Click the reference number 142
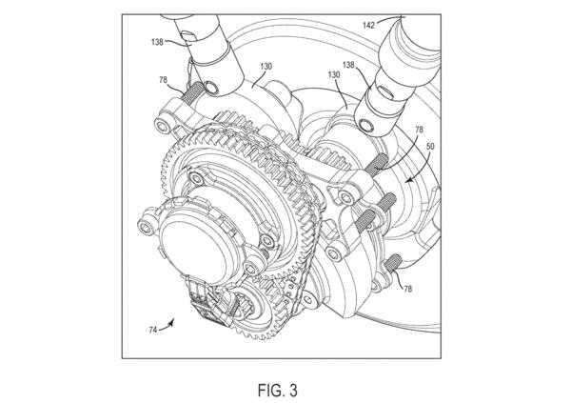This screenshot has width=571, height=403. coord(369,25)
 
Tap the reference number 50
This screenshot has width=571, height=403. coord(430,147)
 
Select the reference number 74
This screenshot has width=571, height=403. coord(153,330)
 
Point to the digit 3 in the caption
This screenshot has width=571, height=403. coord(293,391)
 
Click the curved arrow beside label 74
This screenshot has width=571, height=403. coord(167,326)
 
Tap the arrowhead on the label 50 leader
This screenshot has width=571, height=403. coord(409,179)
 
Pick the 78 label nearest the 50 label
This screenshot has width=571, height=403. coord(419,130)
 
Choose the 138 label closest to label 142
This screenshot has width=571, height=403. coord(348,65)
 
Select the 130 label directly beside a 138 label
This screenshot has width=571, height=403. coord(334,74)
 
